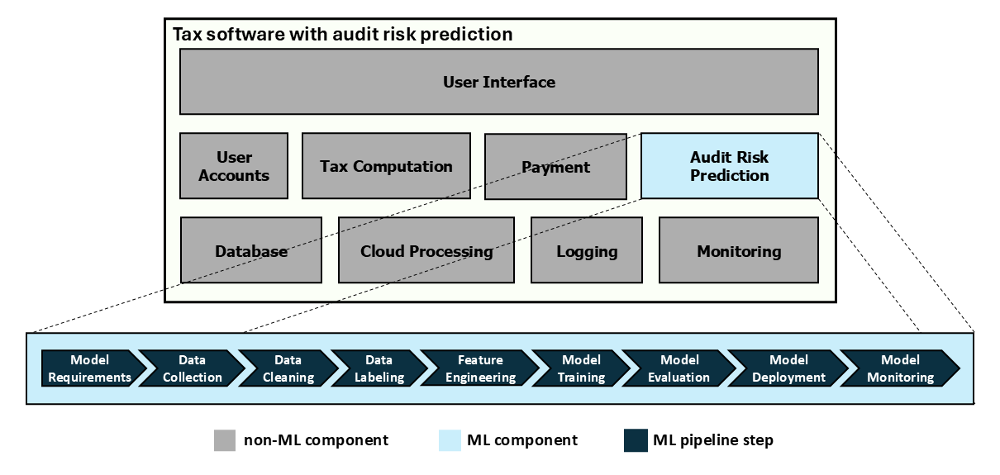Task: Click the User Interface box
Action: click(x=498, y=82)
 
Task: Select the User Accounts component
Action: click(x=234, y=166)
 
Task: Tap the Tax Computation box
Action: click(x=386, y=166)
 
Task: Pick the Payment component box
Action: click(x=555, y=167)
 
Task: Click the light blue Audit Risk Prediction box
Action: click(x=729, y=166)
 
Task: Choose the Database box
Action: click(x=251, y=250)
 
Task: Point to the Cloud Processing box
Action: click(x=426, y=250)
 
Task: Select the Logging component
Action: click(x=586, y=250)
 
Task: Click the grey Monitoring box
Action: click(x=738, y=250)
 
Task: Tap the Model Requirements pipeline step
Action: click(x=89, y=368)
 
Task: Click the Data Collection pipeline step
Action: click(x=192, y=368)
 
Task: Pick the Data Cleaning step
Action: click(x=288, y=368)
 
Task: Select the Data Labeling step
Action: click(x=379, y=368)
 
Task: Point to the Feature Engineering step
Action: click(x=479, y=368)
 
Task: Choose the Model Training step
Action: click(x=580, y=368)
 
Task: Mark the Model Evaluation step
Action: click(x=679, y=368)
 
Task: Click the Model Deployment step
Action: click(x=788, y=368)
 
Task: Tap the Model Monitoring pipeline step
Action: click(x=899, y=368)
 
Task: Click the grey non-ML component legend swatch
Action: click(x=225, y=440)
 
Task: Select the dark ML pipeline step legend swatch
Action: click(x=635, y=440)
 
